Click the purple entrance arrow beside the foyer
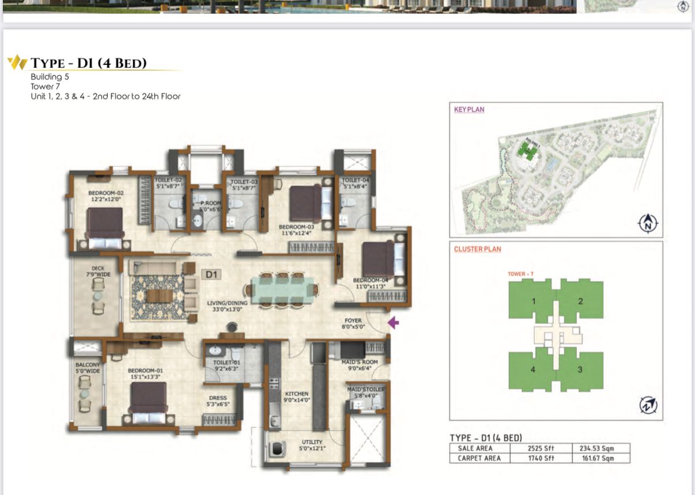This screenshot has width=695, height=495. point(394,322)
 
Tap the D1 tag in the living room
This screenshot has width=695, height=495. point(211,275)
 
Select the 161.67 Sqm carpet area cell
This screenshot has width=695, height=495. point(600,458)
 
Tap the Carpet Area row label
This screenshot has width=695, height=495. point(479,458)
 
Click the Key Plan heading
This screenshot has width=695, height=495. point(469,109)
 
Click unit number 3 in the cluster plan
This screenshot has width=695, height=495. point(580,370)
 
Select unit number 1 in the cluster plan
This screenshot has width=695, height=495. point(533,301)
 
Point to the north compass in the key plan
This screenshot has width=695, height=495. point(648,223)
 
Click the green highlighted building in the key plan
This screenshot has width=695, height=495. point(525,151)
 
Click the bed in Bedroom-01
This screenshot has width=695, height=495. point(149,398)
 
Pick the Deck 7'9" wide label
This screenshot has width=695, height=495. point(97,271)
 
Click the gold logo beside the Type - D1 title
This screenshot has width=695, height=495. point(17,62)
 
